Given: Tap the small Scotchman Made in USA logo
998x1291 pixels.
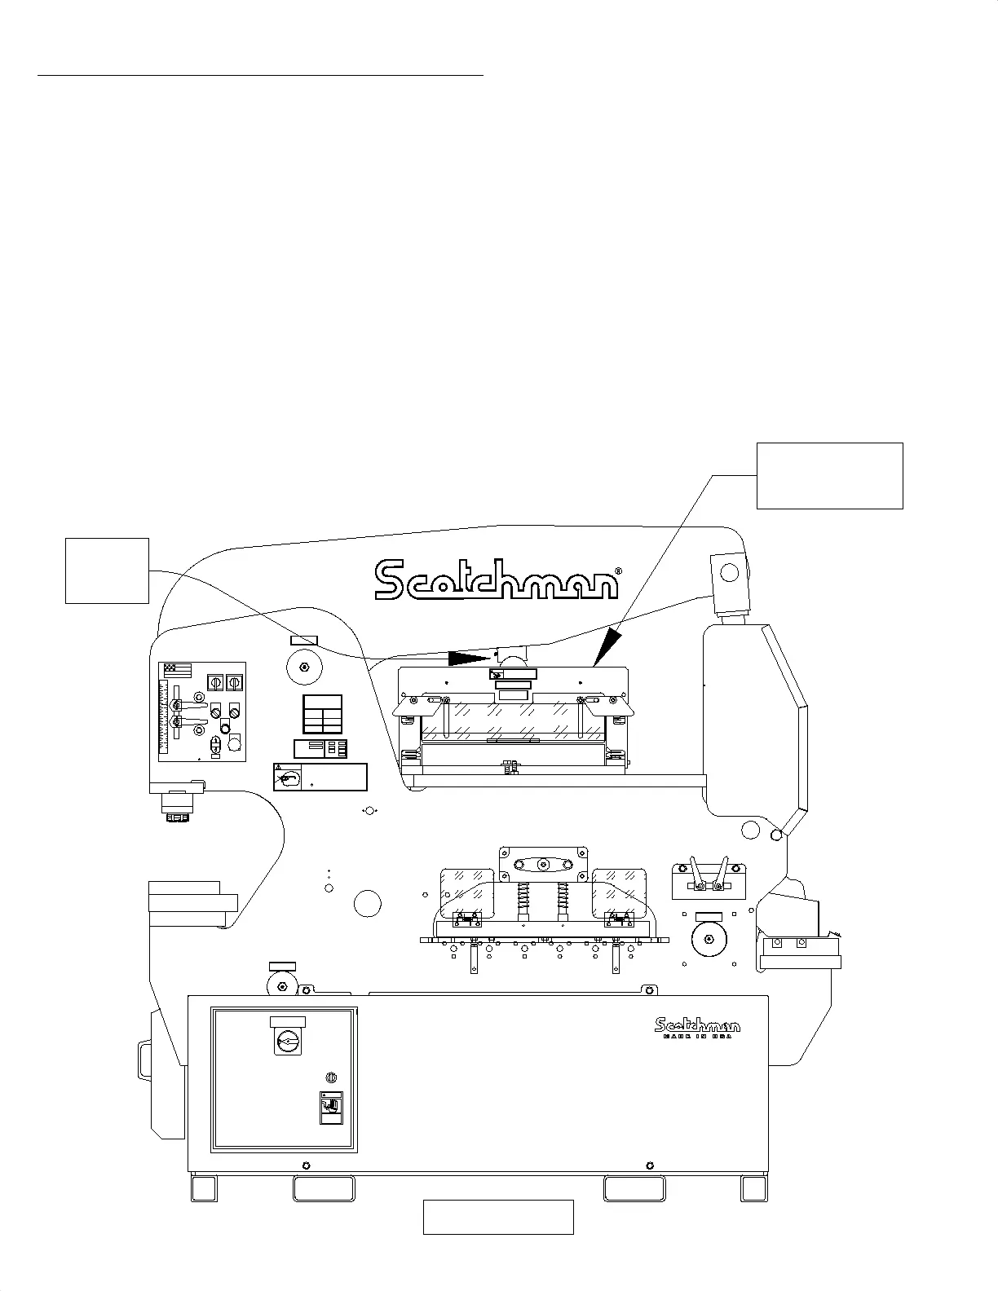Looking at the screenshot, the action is (x=697, y=1028).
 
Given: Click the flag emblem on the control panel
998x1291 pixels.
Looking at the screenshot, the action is (x=178, y=670).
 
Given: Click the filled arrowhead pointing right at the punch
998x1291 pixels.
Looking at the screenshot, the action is (x=470, y=657).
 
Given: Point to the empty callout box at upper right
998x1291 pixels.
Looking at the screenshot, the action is (x=829, y=476).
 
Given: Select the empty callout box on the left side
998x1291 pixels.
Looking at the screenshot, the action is (x=107, y=571).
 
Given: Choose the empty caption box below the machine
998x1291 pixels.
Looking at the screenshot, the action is (x=498, y=1217).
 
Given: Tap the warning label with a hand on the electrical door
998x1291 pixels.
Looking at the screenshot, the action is (x=330, y=1108).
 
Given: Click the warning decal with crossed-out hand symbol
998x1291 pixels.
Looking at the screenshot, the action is (x=288, y=778).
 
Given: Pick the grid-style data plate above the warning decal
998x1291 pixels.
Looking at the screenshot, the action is (x=322, y=715).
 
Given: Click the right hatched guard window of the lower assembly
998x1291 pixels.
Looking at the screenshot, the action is (x=619, y=892).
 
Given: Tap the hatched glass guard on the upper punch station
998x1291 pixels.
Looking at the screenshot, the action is (x=514, y=720).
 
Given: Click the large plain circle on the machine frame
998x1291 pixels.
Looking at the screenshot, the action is (x=368, y=903).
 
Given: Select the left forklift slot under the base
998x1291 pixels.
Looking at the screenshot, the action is (x=324, y=1189).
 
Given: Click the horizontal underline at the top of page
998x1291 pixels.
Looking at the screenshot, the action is (x=261, y=75).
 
